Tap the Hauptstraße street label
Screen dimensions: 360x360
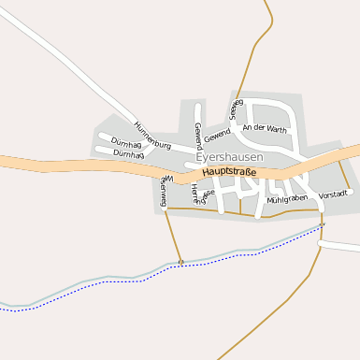click(x=229, y=172)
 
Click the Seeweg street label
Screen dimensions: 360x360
click(x=237, y=108)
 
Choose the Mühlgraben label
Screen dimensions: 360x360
click(x=287, y=199)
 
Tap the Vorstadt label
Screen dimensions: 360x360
click(x=334, y=194)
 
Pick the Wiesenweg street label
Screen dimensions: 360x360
click(x=164, y=191)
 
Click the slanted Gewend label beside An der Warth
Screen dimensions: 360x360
click(x=218, y=133)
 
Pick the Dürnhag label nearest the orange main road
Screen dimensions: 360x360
click(x=128, y=154)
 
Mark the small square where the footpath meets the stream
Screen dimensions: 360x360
click(x=181, y=262)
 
